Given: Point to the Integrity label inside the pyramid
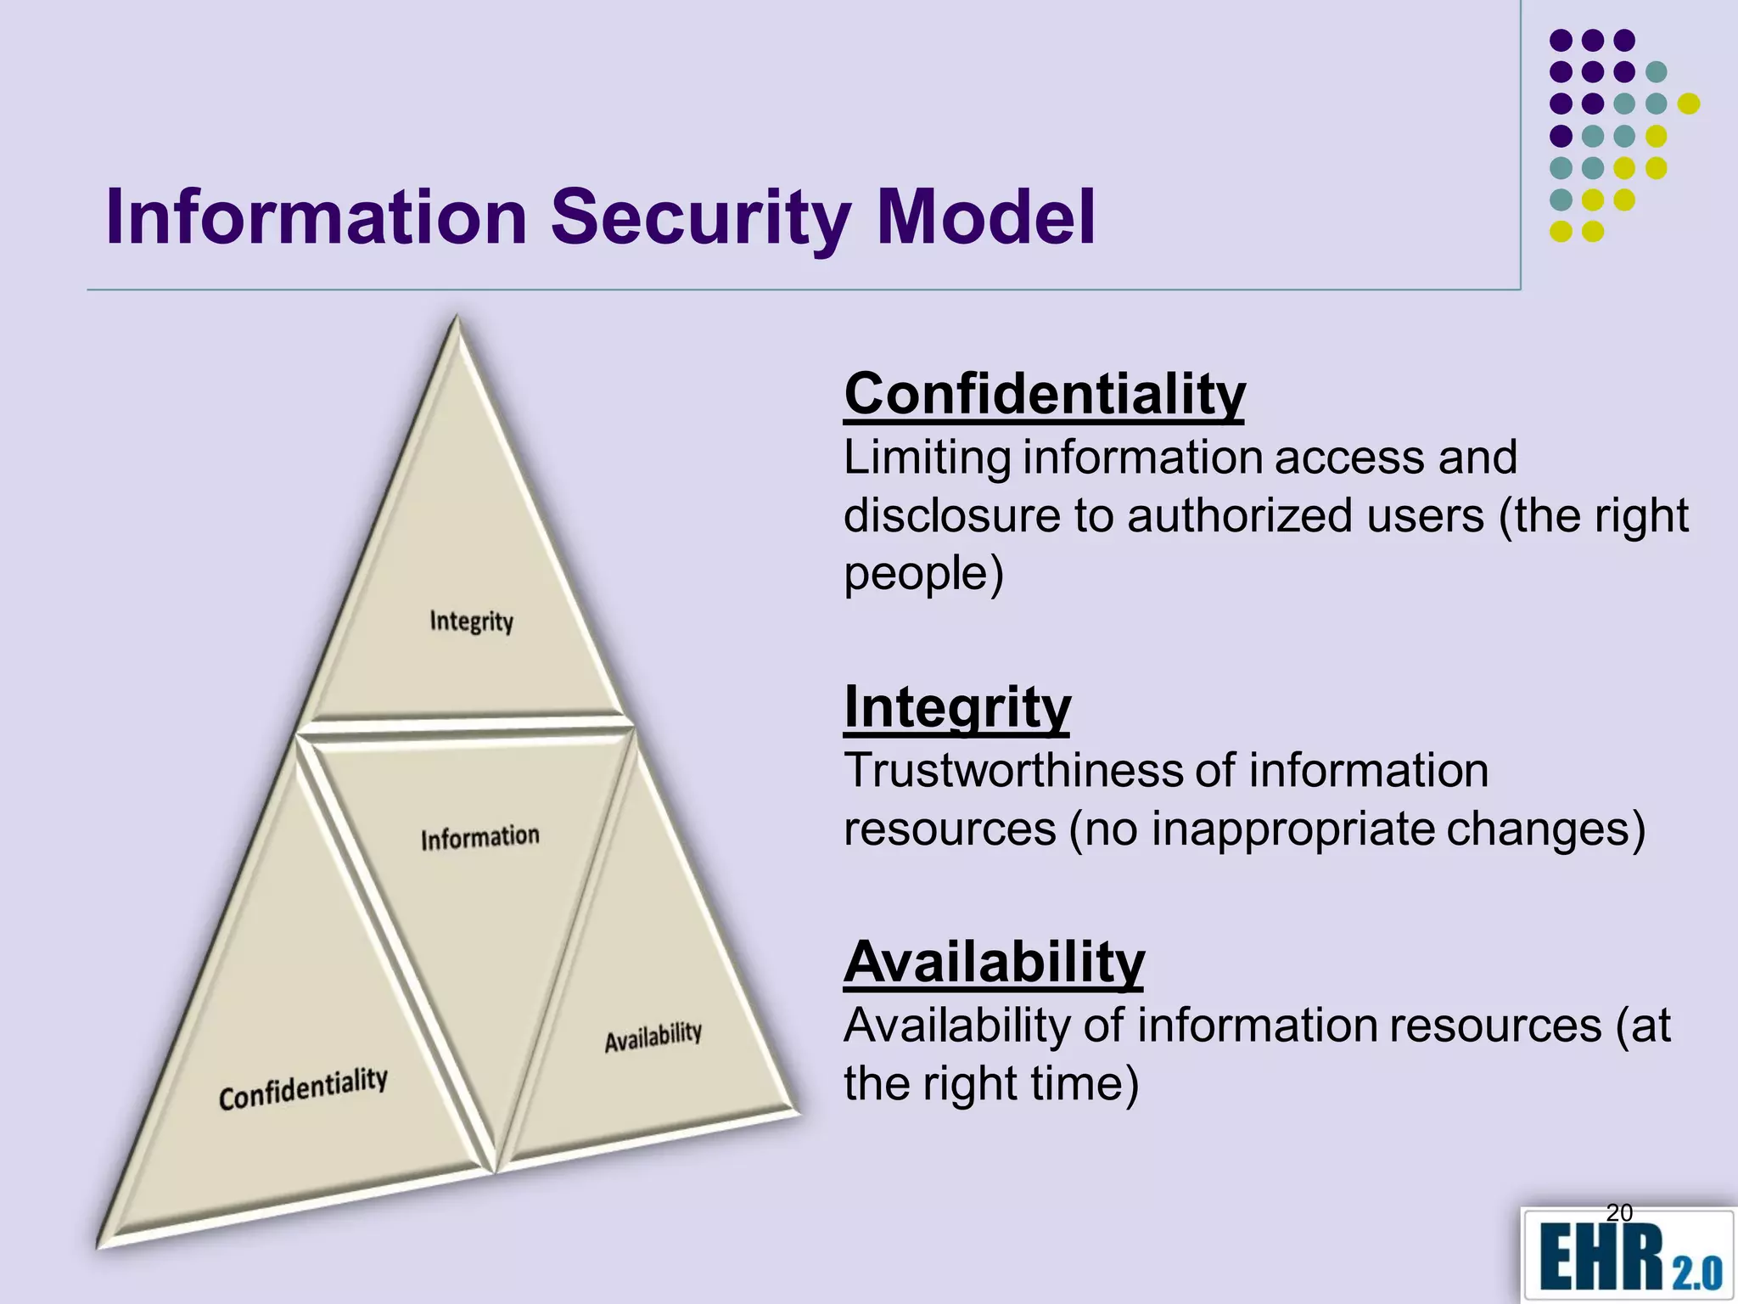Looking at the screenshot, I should [x=472, y=621].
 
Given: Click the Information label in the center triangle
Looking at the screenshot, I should [x=480, y=838].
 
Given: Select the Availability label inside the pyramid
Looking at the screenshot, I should [x=653, y=1037].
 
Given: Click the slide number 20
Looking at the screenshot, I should [x=1619, y=1212].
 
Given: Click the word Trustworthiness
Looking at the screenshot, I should [x=1012, y=771].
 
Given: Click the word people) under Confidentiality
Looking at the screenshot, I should [x=923, y=573].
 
